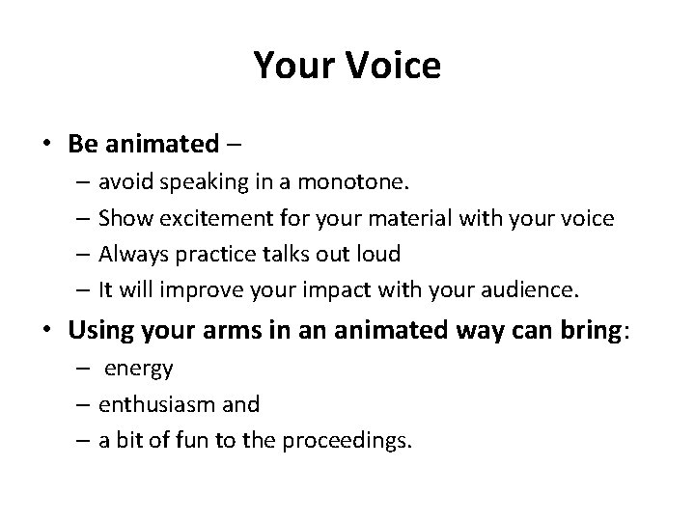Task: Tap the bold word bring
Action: tap(582, 333)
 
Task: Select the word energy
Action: tap(139, 370)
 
